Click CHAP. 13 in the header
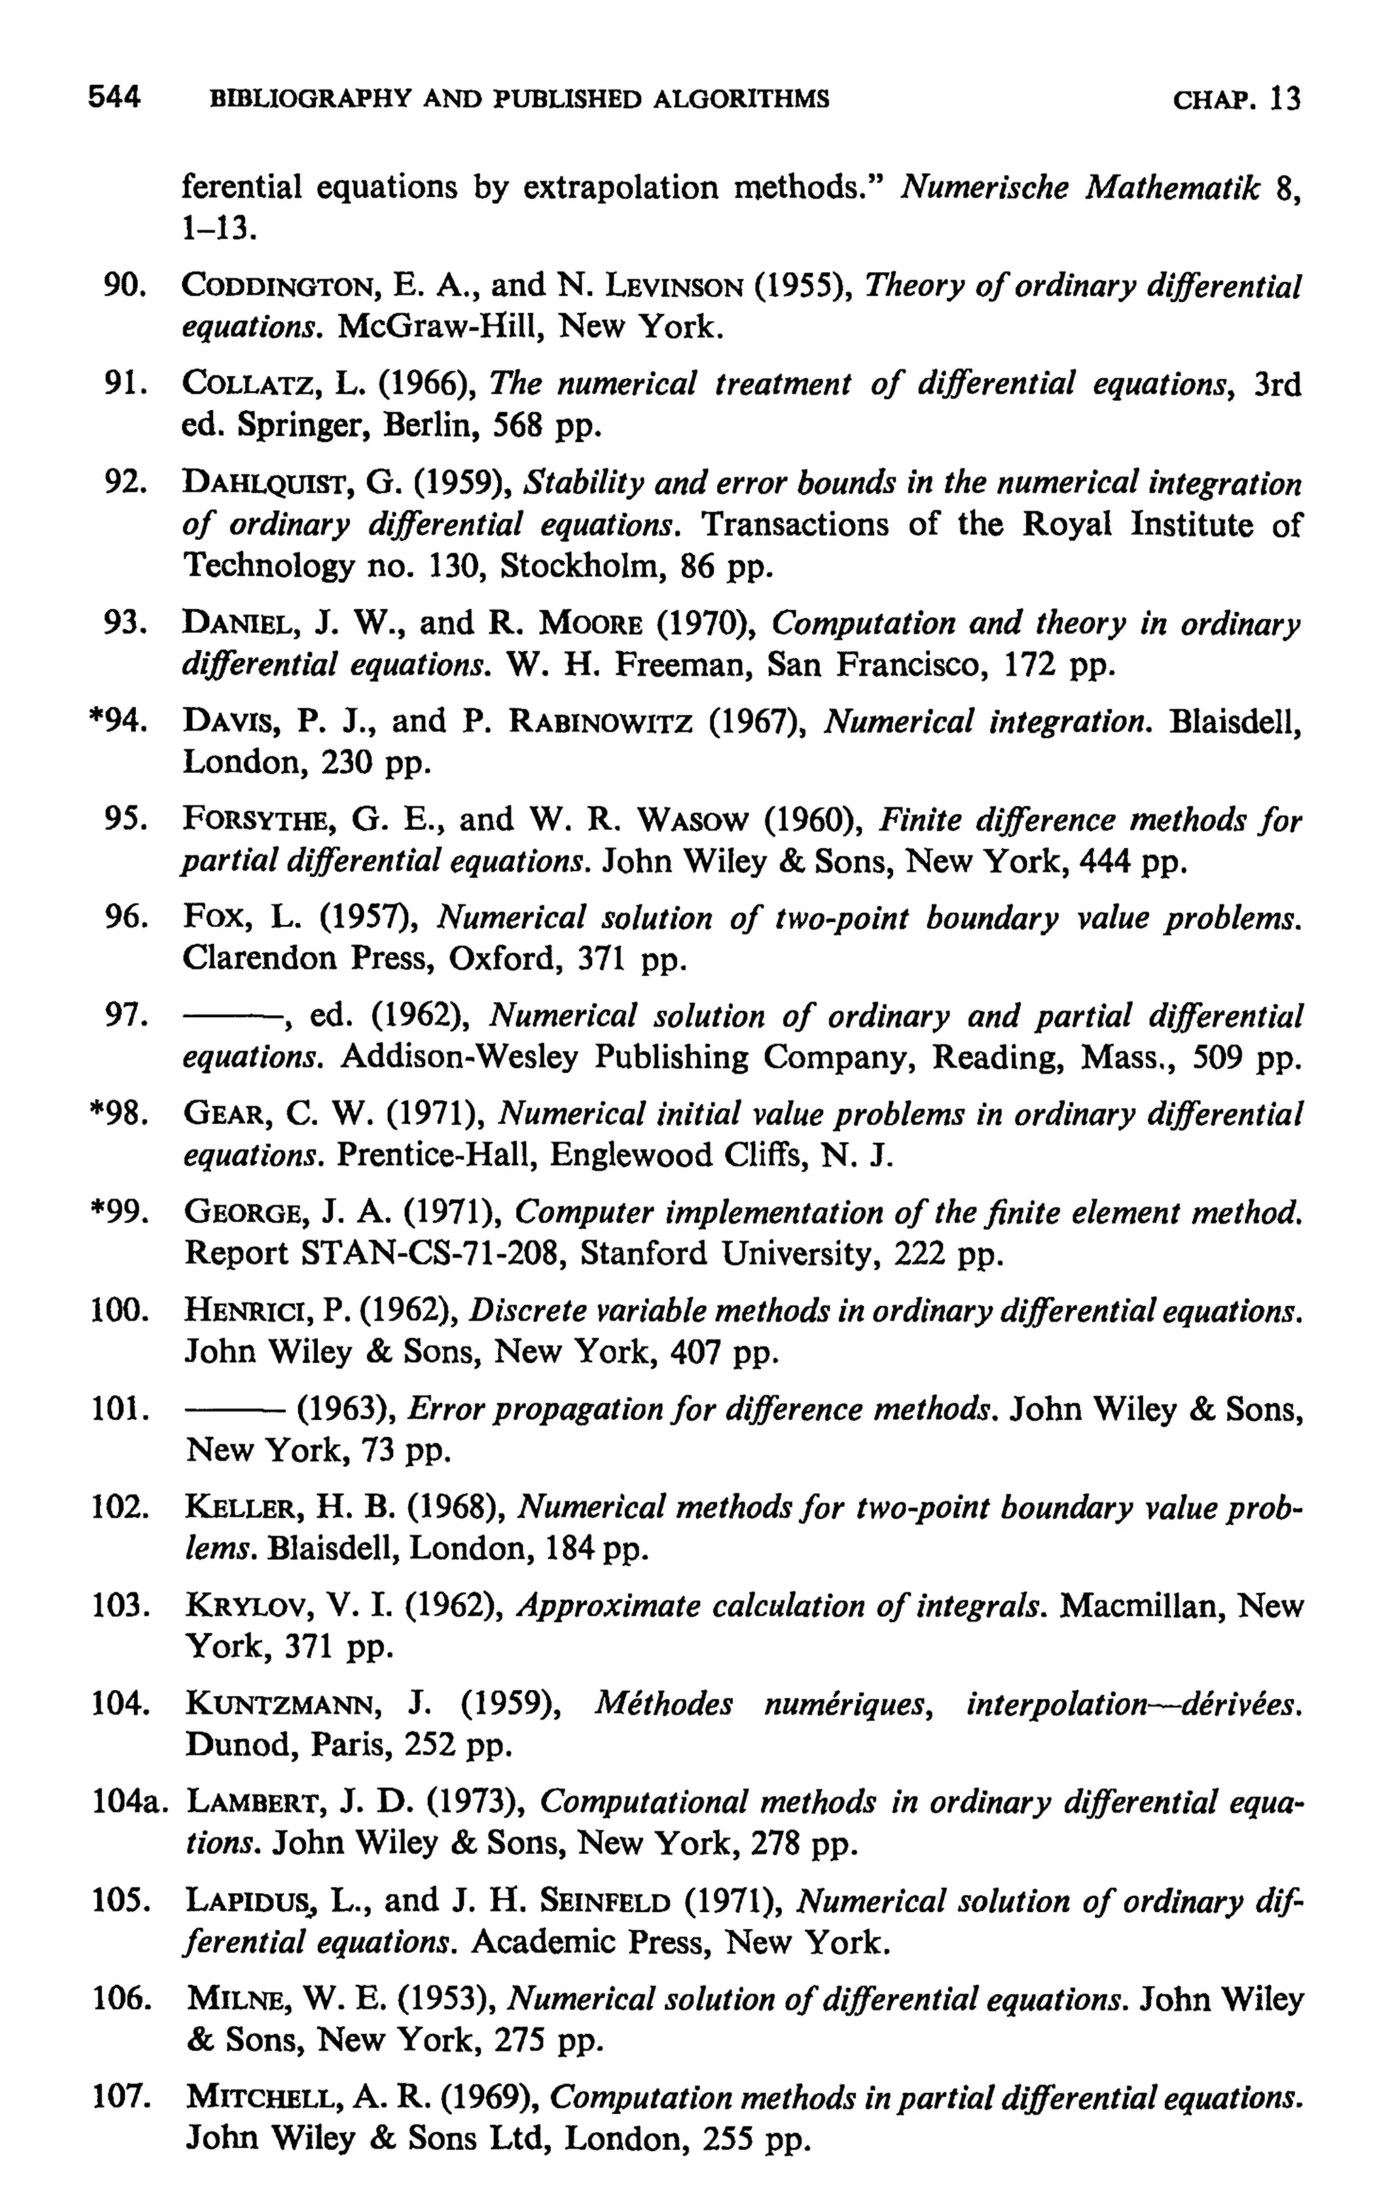[1236, 98]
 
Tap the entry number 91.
[126, 385]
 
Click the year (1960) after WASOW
[814, 819]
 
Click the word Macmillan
[1136, 1606]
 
